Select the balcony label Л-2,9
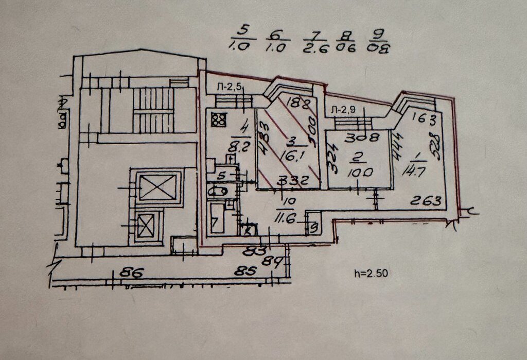343,110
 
